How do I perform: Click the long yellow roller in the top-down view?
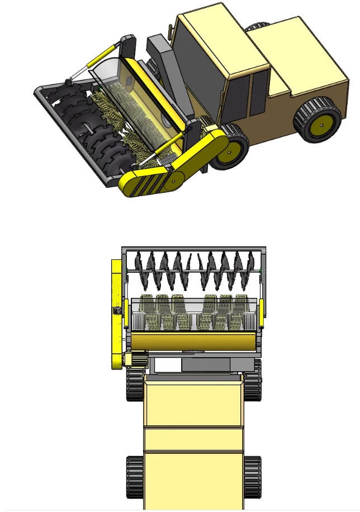(193, 340)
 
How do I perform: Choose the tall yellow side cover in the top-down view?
(117, 310)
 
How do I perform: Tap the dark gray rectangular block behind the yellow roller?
(205, 365)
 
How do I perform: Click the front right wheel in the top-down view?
(254, 380)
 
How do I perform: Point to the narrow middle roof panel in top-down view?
(194, 439)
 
